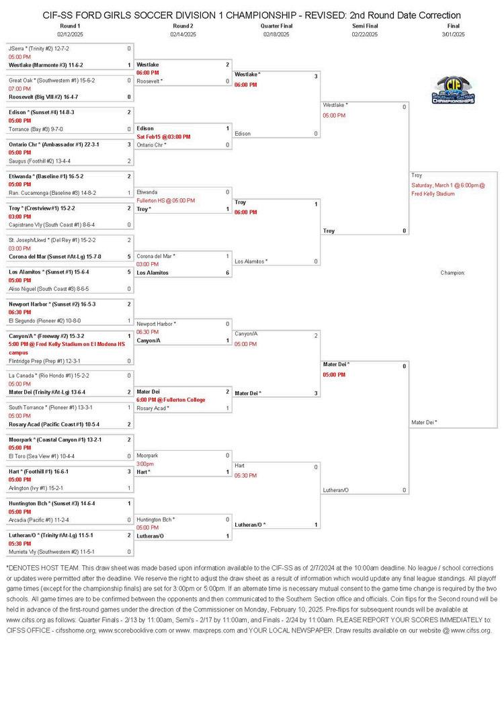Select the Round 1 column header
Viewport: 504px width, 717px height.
click(70, 26)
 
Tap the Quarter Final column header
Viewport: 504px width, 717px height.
click(276, 26)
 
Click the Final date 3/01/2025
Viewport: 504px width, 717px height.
click(454, 34)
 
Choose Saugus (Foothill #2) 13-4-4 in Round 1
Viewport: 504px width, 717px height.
click(39, 161)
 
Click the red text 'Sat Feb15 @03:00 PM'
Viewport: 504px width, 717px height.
click(164, 136)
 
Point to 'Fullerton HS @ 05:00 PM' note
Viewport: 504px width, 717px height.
click(165, 200)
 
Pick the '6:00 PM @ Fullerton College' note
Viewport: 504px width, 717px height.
click(171, 400)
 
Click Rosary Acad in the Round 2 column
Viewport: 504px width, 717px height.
click(153, 408)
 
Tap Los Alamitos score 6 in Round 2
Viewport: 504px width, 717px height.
click(227, 273)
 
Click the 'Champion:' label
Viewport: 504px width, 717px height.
click(454, 273)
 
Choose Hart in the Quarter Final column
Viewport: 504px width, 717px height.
click(240, 466)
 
